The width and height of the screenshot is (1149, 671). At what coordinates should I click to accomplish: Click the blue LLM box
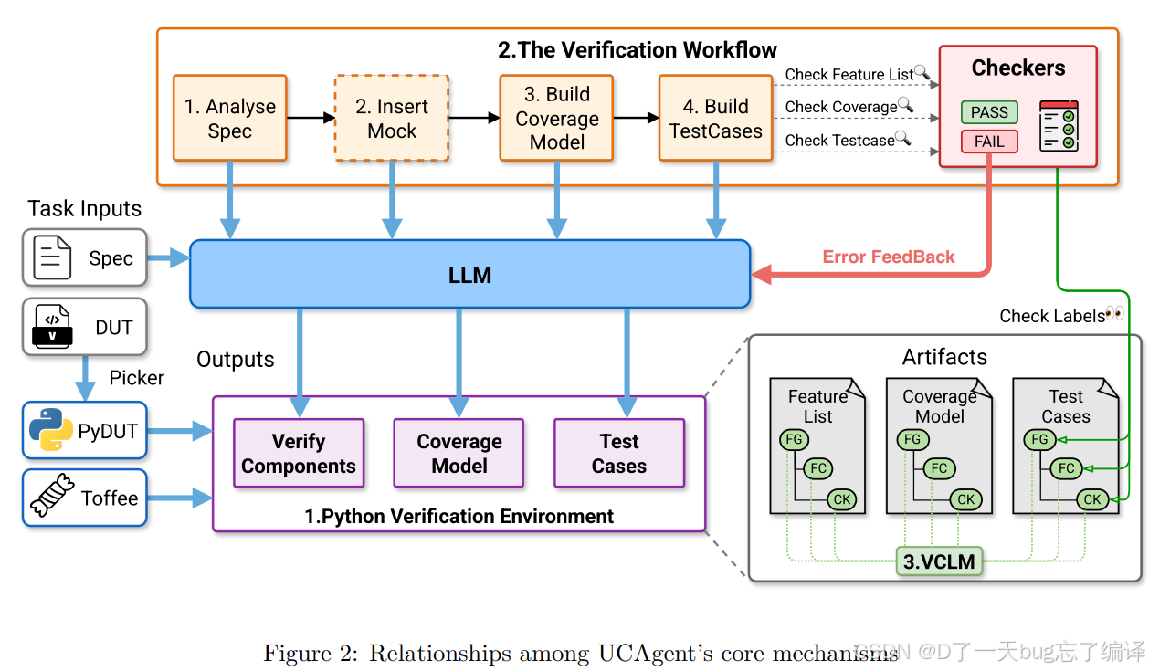(x=469, y=274)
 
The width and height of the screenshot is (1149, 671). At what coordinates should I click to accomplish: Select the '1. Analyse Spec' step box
(x=230, y=118)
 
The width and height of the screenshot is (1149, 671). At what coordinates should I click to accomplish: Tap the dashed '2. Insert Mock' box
(x=392, y=118)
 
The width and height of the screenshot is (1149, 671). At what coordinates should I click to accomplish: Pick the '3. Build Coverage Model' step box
(x=556, y=118)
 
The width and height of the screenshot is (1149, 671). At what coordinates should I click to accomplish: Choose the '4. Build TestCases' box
(x=715, y=118)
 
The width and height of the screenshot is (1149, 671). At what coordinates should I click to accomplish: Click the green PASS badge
(x=989, y=111)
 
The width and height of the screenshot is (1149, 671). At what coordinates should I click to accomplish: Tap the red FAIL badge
(x=989, y=142)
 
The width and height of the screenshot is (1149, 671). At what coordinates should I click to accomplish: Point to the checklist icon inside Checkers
(x=1059, y=126)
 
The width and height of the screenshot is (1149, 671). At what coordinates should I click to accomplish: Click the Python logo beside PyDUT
(x=51, y=430)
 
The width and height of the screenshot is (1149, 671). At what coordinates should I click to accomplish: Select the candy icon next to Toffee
(x=52, y=495)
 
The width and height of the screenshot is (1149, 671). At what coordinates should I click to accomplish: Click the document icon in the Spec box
(x=52, y=257)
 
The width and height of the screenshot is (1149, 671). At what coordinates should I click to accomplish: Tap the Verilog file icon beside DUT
(x=52, y=327)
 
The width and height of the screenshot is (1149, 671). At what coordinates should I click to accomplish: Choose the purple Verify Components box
(x=299, y=453)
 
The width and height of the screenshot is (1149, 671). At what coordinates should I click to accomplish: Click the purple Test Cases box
(x=619, y=453)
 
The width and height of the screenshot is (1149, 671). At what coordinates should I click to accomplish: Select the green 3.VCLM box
(x=939, y=561)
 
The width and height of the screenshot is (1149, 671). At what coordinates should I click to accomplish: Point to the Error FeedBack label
(x=889, y=257)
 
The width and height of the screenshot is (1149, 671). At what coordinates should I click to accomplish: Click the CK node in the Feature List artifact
(x=842, y=499)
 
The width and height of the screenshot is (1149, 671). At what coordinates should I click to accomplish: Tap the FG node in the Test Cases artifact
(x=1039, y=439)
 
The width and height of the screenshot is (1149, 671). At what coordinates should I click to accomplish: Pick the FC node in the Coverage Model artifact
(x=939, y=468)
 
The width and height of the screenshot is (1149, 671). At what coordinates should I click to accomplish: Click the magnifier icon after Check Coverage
(x=906, y=104)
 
